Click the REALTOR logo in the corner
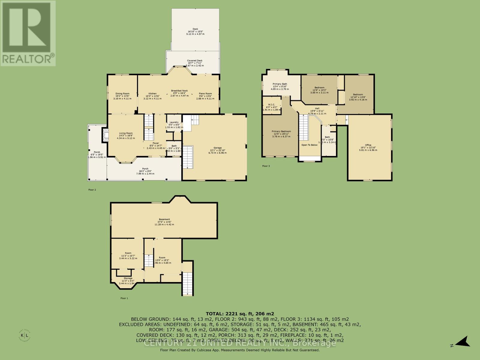pos(28,33)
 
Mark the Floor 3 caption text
pos(266,166)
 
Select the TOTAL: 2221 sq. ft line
pos(240,314)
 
